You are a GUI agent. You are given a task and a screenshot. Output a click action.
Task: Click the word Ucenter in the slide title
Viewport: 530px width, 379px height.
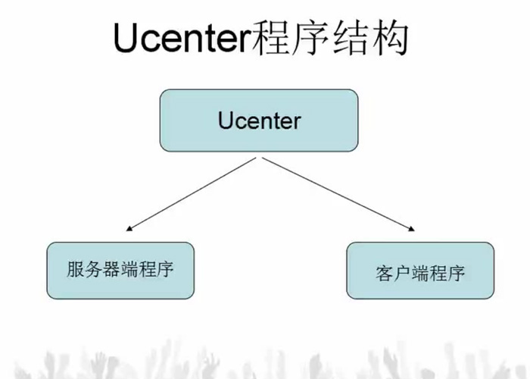tap(180, 38)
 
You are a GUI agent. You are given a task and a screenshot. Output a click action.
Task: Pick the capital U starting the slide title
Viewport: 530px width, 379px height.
tap(126, 38)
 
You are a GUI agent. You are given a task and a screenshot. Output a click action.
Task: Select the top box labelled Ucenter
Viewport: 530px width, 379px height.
tap(259, 121)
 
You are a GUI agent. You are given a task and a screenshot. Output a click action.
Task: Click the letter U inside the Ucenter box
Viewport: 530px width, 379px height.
tap(224, 121)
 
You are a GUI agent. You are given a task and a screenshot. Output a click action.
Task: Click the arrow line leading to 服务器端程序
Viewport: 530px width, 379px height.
tap(193, 193)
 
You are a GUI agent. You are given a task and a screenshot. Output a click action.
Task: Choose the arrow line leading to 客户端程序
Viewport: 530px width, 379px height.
tap(337, 193)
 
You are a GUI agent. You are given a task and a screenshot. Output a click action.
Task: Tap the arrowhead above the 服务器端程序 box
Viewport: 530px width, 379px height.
tap(129, 227)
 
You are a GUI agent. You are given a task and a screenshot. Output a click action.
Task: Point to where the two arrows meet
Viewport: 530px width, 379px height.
tap(259, 157)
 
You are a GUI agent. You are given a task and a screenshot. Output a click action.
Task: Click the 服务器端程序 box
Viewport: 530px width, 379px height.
tap(120, 270)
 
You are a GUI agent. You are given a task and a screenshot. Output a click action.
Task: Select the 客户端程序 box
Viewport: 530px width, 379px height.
tap(420, 271)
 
